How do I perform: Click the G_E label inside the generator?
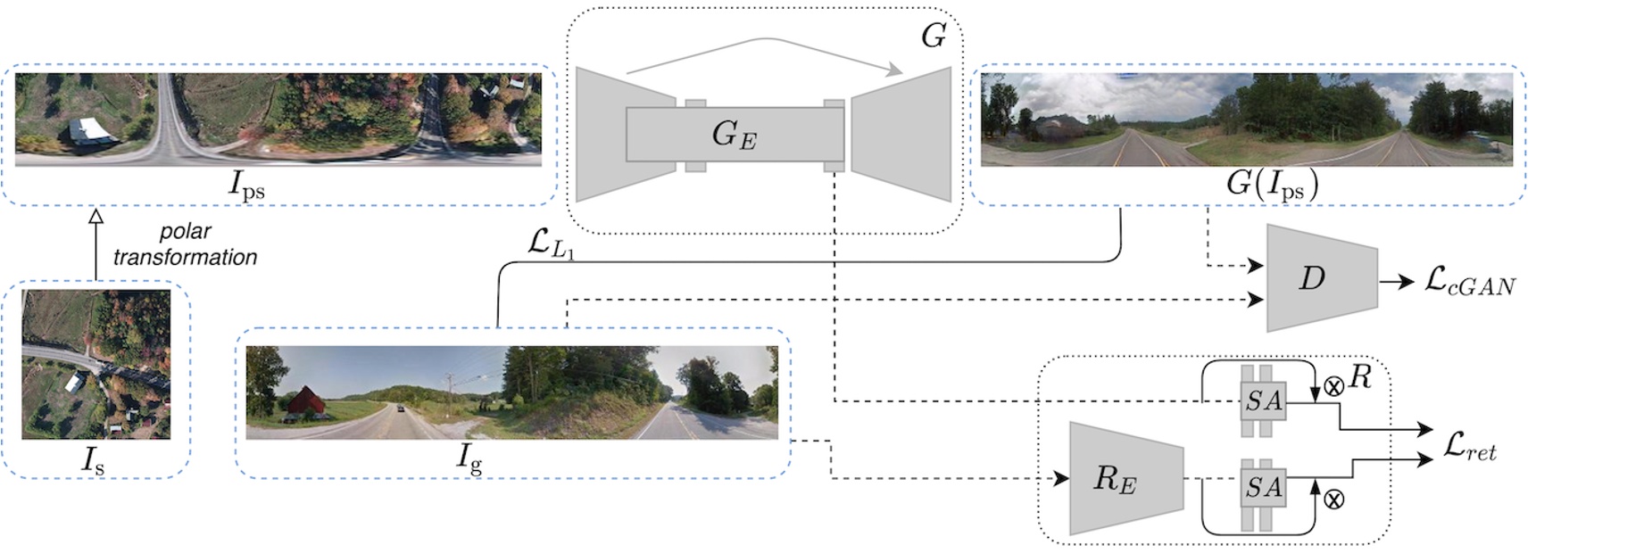[x=734, y=135]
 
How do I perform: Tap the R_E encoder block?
[x=1124, y=479]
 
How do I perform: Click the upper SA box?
[x=1263, y=401]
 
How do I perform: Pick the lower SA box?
[x=1263, y=487]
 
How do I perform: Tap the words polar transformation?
[x=185, y=244]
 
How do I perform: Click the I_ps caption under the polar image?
[x=246, y=185]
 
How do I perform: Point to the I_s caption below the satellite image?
[x=93, y=460]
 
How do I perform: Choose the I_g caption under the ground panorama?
[x=469, y=458]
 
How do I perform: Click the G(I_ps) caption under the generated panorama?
[x=1271, y=185]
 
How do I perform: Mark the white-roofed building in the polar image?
[x=90, y=131]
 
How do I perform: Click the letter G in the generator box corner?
[x=933, y=37]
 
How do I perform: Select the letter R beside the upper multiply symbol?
[x=1359, y=377]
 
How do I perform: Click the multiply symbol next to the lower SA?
[x=1333, y=499]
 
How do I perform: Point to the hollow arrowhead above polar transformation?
[x=96, y=217]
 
